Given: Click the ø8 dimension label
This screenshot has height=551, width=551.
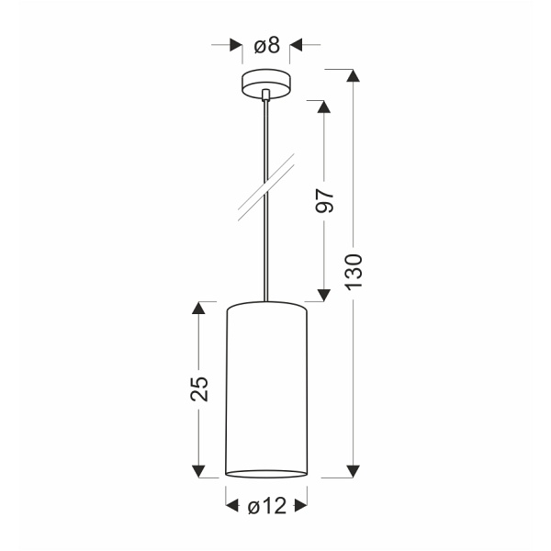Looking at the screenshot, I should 266,43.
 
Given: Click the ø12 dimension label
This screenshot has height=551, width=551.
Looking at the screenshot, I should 267,504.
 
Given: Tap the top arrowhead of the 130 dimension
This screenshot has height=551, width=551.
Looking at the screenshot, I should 351,75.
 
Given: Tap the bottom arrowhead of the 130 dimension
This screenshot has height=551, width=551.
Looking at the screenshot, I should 351,470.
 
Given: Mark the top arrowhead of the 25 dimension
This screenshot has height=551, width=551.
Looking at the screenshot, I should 197,308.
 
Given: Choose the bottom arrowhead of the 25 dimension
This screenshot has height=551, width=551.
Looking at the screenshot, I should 197,470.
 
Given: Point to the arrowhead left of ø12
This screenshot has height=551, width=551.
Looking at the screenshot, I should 231,504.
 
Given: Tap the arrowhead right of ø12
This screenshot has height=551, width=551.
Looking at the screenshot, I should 302,504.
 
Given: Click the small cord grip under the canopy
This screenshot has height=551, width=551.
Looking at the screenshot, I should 266,94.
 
